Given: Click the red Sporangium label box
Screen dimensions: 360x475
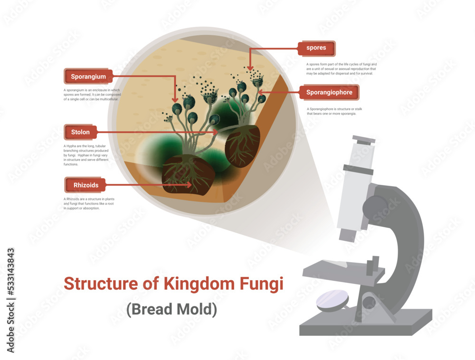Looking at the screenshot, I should point(88,76).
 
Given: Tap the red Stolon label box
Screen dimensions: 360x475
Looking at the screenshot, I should point(81,132).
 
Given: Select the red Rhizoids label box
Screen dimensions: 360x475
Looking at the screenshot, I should point(85,184).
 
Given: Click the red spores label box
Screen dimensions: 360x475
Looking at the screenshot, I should point(316,48).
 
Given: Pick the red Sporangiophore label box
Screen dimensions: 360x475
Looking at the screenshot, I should point(329,93).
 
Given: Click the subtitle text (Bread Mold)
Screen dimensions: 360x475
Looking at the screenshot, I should point(171,309).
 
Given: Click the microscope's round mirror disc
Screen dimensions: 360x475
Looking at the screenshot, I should point(333,301).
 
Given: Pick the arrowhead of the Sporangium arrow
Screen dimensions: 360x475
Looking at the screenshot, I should point(175,100).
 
